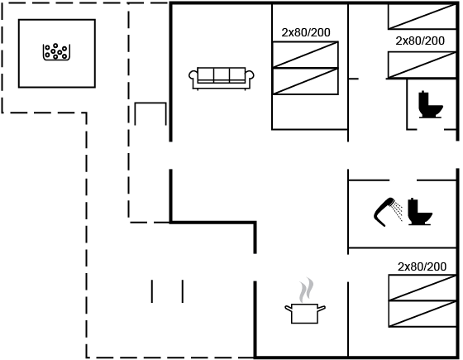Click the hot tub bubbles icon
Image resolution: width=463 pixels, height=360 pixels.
tap(56, 52)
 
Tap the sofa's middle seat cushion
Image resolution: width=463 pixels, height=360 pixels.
tap(222, 74)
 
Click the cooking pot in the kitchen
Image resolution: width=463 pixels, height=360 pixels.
tap(305, 314)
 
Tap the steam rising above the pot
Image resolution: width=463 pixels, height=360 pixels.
tap(306, 290)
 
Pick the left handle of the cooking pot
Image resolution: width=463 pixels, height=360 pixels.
tap(289, 309)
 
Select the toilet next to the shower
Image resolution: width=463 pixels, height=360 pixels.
tap(420, 212)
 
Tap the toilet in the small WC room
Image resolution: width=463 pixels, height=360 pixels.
tap(431, 104)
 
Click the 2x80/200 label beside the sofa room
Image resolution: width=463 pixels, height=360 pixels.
tap(306, 32)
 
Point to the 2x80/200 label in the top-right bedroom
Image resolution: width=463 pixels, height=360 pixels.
tap(420, 41)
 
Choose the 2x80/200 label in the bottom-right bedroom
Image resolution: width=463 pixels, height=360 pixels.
tap(422, 266)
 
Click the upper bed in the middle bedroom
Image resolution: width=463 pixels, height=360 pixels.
tap(305, 55)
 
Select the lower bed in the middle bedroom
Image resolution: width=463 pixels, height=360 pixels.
tap(305, 81)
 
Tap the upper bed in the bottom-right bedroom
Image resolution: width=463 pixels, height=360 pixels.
tap(422, 288)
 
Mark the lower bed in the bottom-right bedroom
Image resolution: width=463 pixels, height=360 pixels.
tap(422, 314)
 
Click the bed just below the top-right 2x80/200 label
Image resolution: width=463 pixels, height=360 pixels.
tap(422, 65)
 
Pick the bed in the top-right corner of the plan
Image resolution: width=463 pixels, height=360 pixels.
tap(422, 17)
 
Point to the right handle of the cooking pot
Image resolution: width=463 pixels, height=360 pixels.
tap(322, 309)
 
